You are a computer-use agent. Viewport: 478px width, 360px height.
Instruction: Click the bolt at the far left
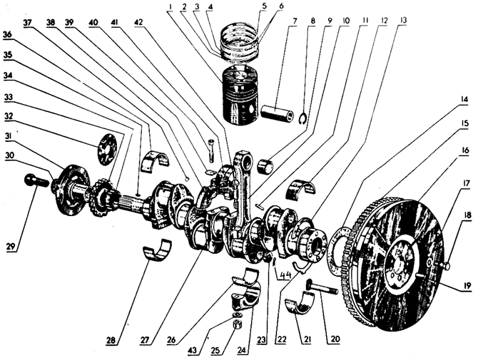pos(36,180)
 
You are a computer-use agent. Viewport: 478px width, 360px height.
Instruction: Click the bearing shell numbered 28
pos(158,249)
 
